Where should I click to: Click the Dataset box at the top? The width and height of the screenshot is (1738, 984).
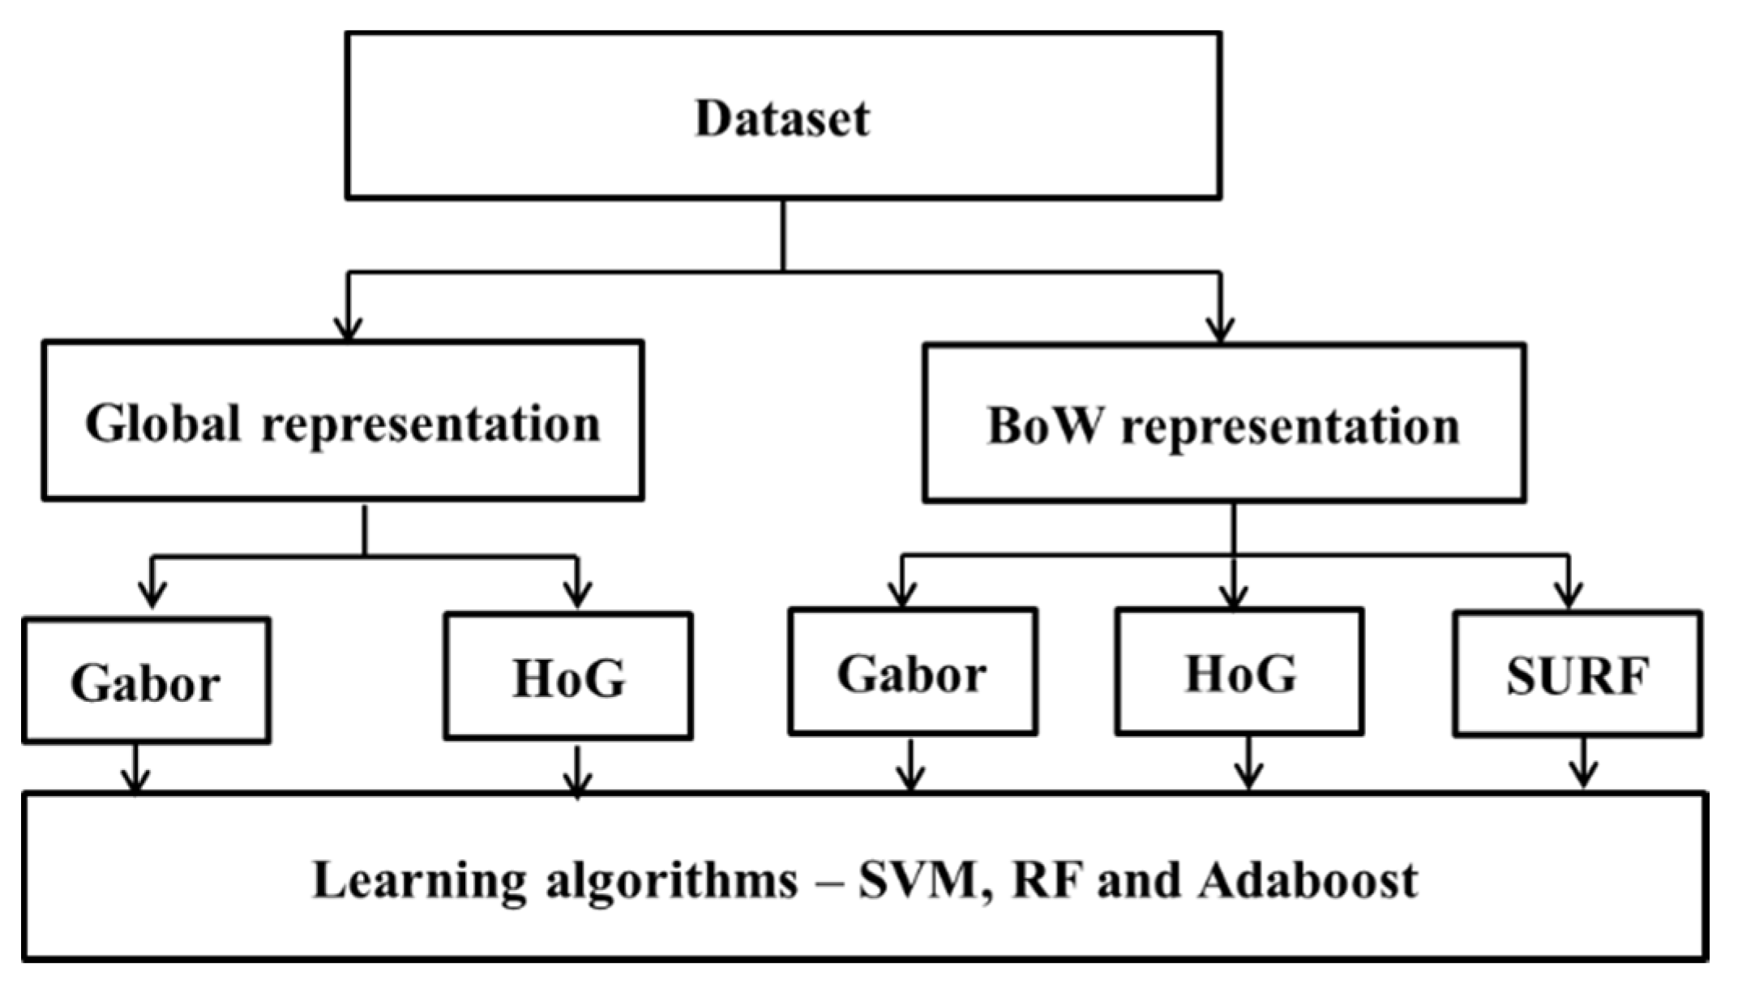coord(783,115)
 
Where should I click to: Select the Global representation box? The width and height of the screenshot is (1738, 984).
coord(343,421)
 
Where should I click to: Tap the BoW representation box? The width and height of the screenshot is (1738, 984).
coord(1224,423)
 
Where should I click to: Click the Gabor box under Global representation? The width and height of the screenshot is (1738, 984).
coord(146,681)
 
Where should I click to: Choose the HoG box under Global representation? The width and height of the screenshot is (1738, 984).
coord(568,676)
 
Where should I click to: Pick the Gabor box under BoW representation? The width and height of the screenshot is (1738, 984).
coord(913,672)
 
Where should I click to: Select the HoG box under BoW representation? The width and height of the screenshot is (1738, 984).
coord(1239,672)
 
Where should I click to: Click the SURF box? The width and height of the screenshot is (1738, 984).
coord(1577,674)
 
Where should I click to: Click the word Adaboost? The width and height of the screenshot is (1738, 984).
coord(1308,880)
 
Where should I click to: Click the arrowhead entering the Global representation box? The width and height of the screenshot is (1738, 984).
coord(348,329)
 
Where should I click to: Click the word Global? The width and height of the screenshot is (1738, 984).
coord(163,422)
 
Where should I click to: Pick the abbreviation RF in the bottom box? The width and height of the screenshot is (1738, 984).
coord(1046,880)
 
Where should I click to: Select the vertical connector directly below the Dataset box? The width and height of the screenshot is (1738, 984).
coord(783,235)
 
